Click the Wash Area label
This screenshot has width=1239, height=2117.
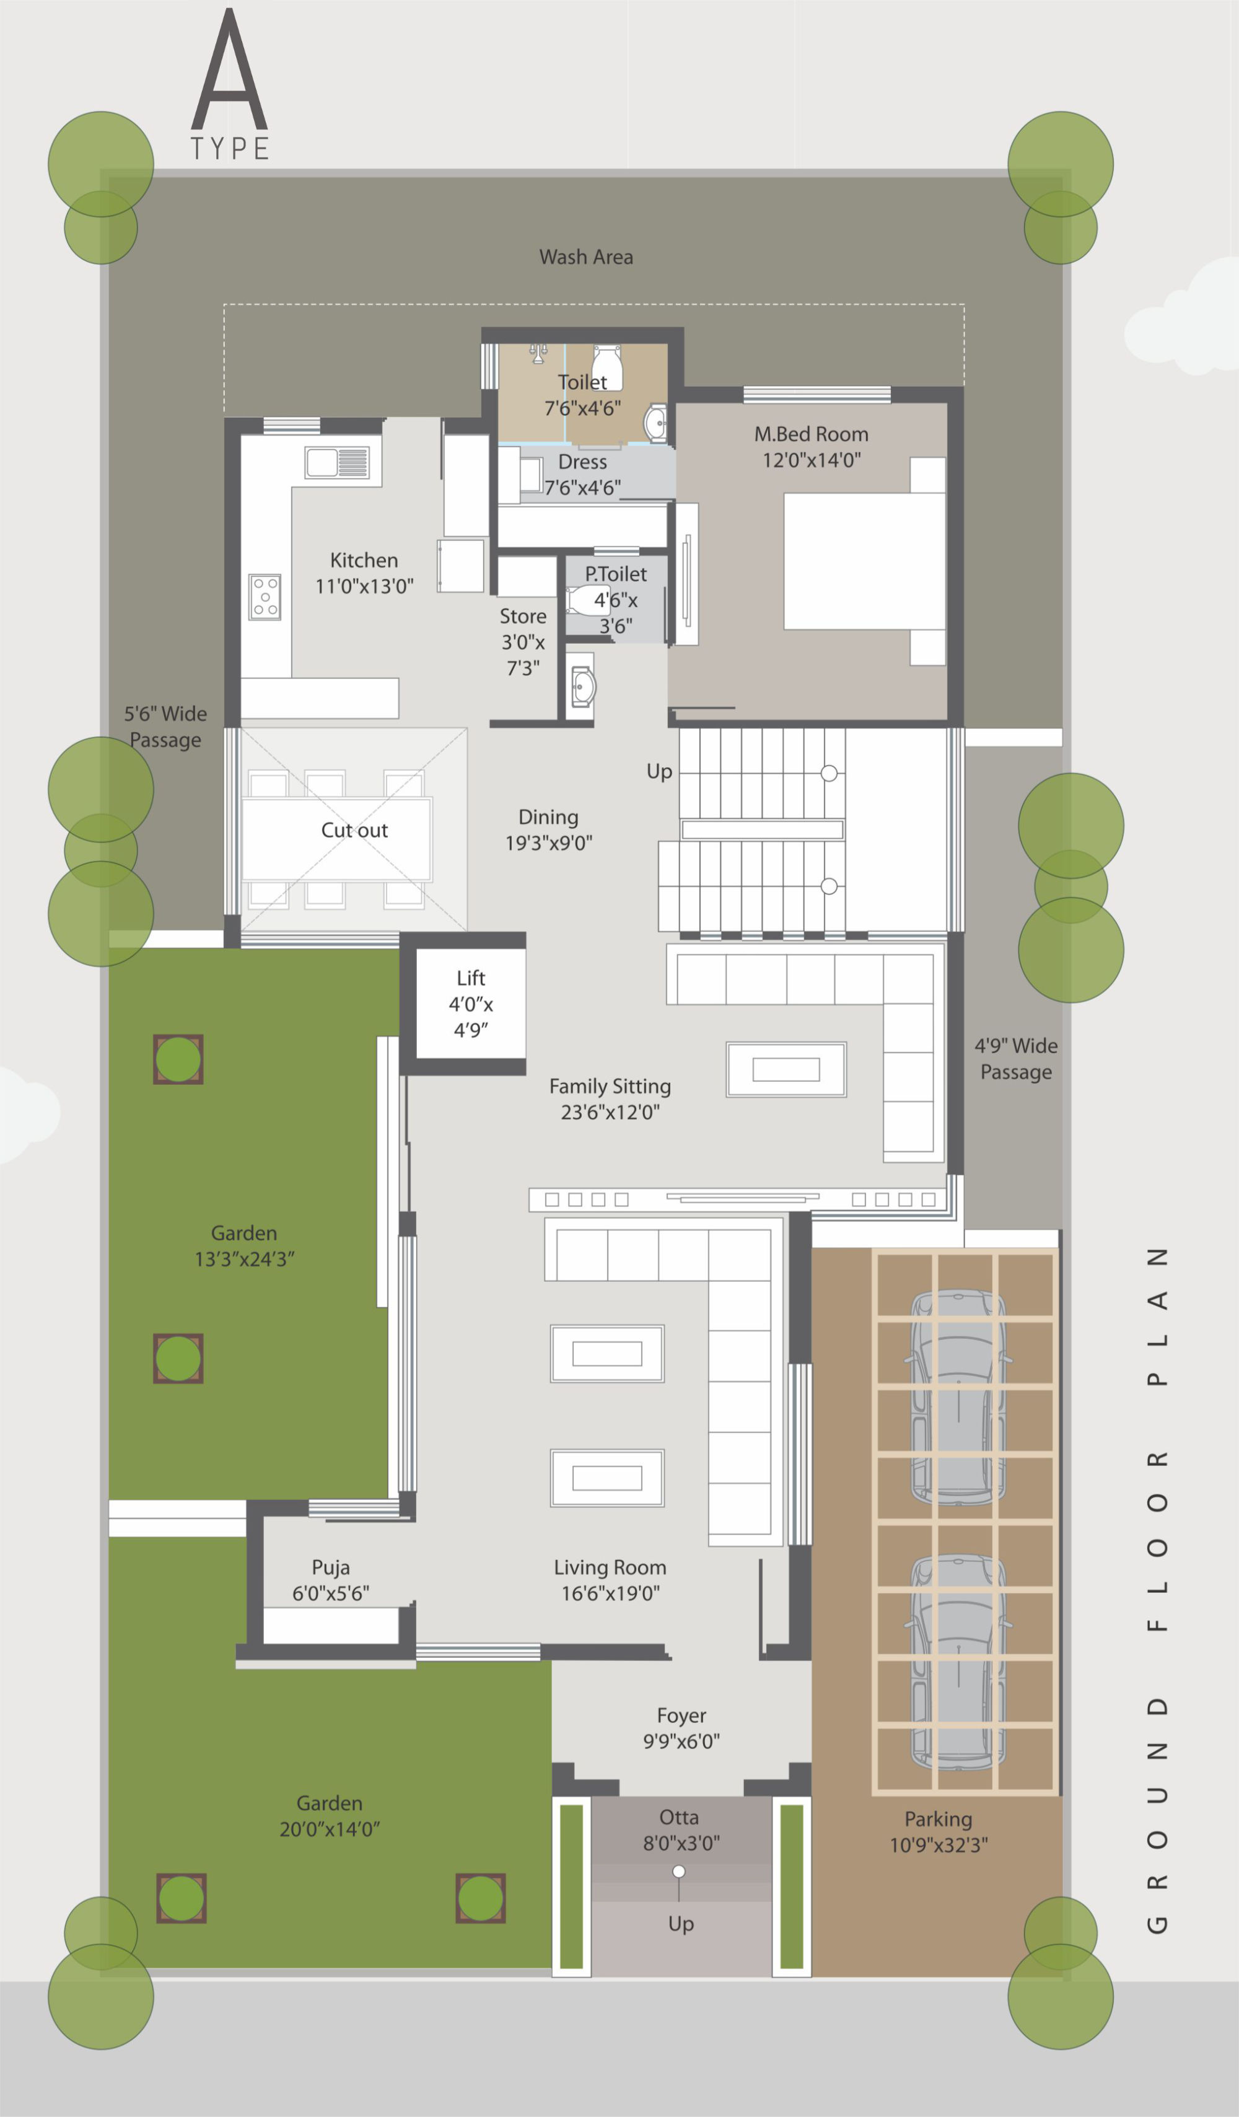pos(586,257)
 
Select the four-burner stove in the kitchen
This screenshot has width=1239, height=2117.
pos(265,597)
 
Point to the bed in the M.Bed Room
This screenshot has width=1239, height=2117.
pos(864,561)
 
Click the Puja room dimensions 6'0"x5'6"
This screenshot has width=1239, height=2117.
pos(330,1593)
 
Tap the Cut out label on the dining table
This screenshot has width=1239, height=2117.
pos(354,830)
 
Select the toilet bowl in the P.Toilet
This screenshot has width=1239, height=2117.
pos(587,601)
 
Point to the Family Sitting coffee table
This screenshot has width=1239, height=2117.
pos(786,1069)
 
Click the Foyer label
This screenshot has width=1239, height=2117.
pos(681,1716)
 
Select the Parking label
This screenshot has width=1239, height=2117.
pos(939,1819)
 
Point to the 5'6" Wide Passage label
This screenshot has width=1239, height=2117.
pos(165,727)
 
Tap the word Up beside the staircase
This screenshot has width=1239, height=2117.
pos(659,772)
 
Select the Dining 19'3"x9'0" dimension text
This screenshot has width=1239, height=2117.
pos(548,843)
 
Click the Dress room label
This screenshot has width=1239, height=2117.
pos(582,462)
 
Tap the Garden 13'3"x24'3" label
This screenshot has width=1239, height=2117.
pos(245,1246)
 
